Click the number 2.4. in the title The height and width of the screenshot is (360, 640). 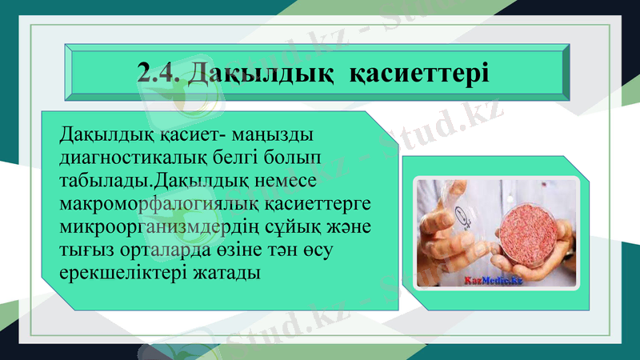click(160, 73)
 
